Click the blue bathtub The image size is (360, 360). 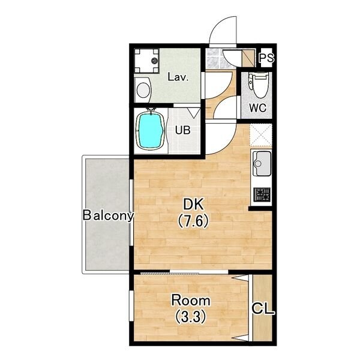click(151, 131)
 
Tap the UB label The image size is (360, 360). click(183, 130)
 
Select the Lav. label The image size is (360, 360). click(178, 77)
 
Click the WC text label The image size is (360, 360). click(257, 107)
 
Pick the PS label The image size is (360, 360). click(266, 58)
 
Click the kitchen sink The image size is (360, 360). click(262, 163)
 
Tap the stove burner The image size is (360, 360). click(262, 194)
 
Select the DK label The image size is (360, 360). click(193, 205)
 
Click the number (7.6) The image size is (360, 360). click(193, 221)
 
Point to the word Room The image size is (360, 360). click(191, 301)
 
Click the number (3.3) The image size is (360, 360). click(191, 317)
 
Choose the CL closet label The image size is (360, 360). click(263, 308)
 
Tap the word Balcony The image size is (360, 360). click(108, 215)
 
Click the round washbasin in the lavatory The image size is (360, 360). click(143, 90)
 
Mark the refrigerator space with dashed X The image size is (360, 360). click(261, 135)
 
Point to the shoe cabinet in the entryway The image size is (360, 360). click(248, 58)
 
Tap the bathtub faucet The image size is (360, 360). click(151, 111)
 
